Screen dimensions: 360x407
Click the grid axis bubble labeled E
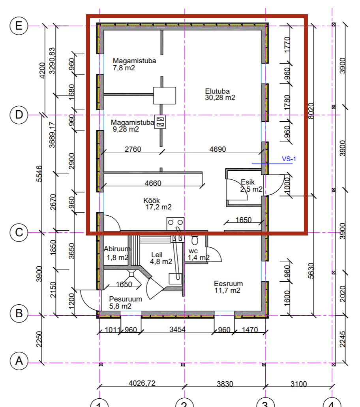point(19,26)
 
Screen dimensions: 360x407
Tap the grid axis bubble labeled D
point(19,115)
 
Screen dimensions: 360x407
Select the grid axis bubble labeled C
point(19,232)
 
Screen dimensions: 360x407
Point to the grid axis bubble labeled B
point(19,313)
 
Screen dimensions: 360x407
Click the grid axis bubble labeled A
point(19,361)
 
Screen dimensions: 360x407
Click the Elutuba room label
point(217,91)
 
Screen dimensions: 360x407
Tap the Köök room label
point(152,201)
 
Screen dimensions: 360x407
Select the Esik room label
point(247,182)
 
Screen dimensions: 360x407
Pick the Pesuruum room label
point(126,299)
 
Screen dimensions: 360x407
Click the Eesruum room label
point(228,283)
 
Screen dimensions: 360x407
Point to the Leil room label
point(157,255)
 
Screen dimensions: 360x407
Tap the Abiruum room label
point(117,249)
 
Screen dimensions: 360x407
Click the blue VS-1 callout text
point(289,159)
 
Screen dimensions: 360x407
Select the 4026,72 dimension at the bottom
point(142,383)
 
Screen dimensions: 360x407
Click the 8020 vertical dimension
point(311,111)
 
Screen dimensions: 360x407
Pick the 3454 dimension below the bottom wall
point(177,330)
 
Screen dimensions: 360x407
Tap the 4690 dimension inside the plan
point(217,149)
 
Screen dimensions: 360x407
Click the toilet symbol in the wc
point(195,239)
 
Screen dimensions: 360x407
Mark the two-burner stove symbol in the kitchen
point(175,224)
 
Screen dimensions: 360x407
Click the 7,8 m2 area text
point(124,68)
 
